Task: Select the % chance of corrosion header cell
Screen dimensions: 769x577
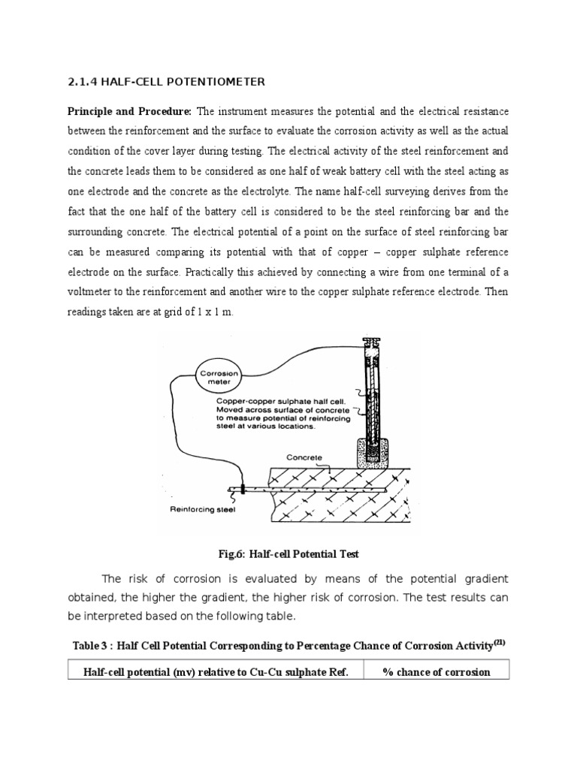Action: [x=436, y=671]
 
